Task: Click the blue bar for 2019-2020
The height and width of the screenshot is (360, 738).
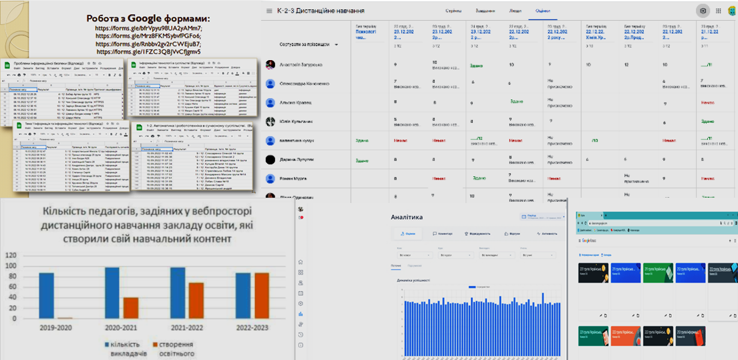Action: coord(46,295)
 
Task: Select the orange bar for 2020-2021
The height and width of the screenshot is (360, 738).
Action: coord(131,307)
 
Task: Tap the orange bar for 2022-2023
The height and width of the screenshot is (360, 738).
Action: coord(262,295)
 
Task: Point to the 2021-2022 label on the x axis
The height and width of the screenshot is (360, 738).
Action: coord(187,327)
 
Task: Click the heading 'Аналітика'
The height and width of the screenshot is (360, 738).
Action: coord(407,218)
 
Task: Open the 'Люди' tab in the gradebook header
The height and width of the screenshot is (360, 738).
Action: coord(515,11)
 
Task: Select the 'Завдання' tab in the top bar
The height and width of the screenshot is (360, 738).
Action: coord(486,11)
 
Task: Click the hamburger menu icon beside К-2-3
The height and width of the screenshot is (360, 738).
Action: coord(268,11)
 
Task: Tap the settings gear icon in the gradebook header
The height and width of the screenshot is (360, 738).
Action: coord(702,11)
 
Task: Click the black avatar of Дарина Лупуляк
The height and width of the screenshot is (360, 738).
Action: coord(270,160)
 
